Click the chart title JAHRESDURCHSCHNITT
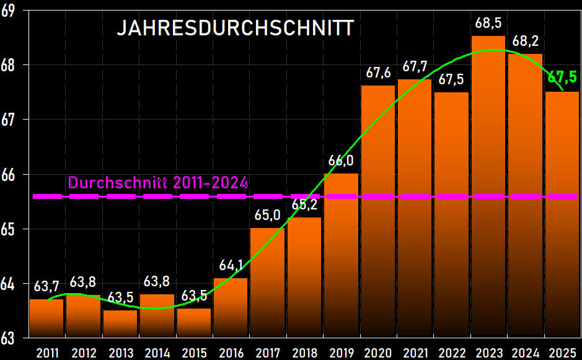235,29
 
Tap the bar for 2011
47,318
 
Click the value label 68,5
488,24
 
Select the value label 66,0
341,161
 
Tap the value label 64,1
231,266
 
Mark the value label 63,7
47,287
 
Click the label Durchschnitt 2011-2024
158,183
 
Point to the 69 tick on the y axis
8,11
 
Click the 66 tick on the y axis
8,175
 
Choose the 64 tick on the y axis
8,284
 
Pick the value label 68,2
525,42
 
